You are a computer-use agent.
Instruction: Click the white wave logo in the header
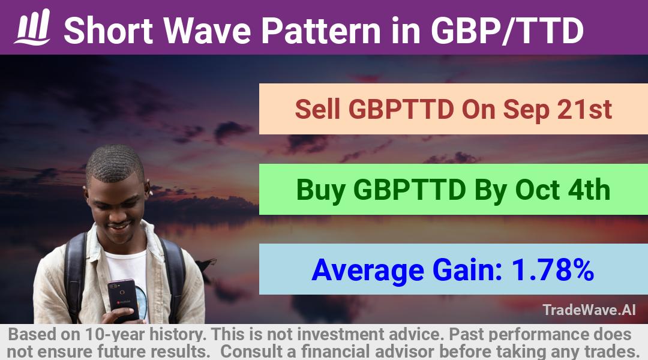(x=32, y=27)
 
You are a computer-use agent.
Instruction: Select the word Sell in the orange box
(x=318, y=109)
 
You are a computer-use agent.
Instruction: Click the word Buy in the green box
(x=320, y=190)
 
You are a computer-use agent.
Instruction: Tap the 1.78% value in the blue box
(x=553, y=270)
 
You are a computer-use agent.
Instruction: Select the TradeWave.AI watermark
(x=589, y=310)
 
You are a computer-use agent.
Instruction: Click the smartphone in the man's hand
(x=123, y=299)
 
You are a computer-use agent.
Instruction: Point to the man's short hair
(x=114, y=163)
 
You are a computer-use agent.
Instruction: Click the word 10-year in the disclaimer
(x=115, y=334)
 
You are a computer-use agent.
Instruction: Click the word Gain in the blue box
(x=467, y=270)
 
